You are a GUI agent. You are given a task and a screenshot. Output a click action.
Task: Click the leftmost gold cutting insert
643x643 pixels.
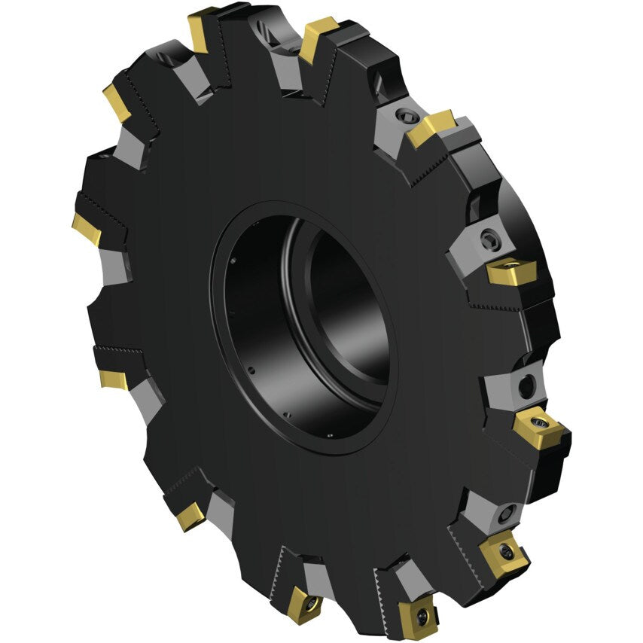(x=86, y=228)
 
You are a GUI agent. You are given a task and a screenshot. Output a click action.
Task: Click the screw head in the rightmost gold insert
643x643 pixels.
(x=538, y=418)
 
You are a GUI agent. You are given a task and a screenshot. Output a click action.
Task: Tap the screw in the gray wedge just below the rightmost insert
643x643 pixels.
(x=504, y=516)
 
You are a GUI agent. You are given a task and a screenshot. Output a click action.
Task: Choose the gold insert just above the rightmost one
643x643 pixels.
(x=512, y=271)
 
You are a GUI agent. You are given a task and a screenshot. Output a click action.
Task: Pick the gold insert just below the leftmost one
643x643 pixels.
(x=113, y=379)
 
